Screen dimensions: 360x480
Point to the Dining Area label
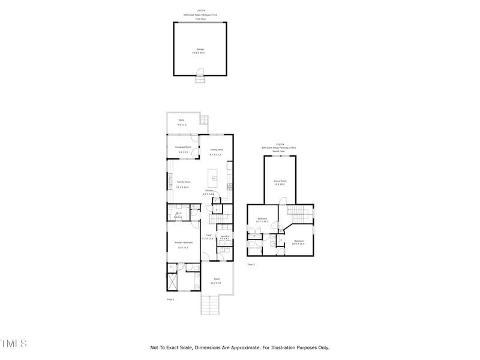click(216, 149)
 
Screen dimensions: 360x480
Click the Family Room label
click(182, 182)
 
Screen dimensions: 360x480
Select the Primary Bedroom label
click(182, 242)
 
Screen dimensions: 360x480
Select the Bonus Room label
click(279, 181)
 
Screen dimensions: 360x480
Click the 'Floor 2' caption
click(251, 265)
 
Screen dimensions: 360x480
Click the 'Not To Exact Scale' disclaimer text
click(239, 347)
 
